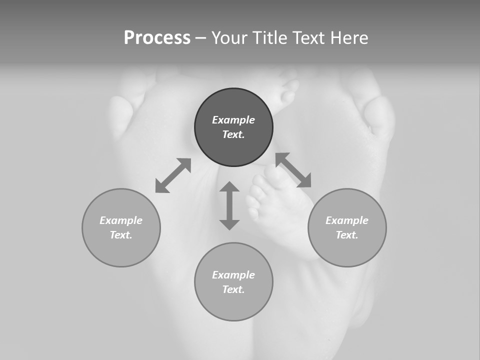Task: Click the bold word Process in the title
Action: click(157, 38)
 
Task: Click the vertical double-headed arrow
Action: click(229, 205)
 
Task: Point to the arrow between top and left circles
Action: click(173, 175)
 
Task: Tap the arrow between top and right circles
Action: click(293, 170)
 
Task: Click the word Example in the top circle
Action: click(233, 120)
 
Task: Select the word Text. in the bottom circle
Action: click(233, 289)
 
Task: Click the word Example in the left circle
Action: click(121, 220)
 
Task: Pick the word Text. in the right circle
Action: click(347, 235)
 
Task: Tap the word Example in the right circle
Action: click(347, 220)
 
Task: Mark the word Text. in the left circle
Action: click(121, 235)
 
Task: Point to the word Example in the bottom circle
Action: click(233, 275)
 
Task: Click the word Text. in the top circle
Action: click(233, 134)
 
